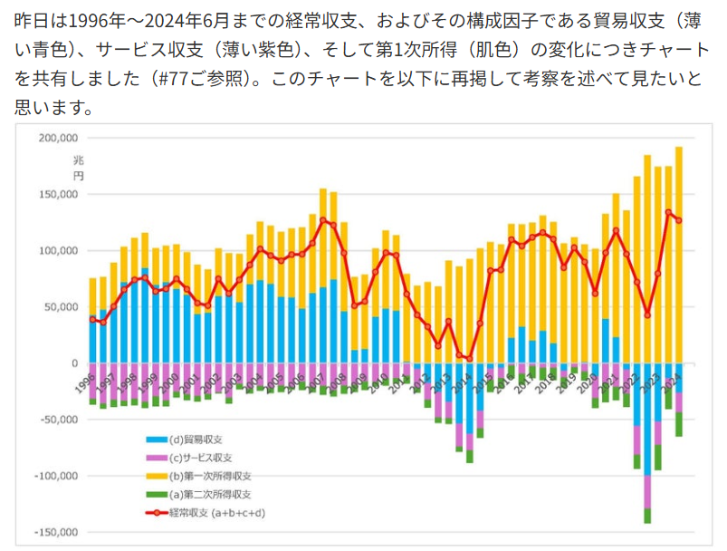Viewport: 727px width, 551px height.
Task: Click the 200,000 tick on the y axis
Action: click(57, 138)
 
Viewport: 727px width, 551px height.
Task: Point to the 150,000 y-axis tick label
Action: click(57, 194)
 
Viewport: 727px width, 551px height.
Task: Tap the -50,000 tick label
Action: click(57, 420)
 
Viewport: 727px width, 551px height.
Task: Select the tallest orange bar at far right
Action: click(679, 254)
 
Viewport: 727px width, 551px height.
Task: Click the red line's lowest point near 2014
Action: click(470, 359)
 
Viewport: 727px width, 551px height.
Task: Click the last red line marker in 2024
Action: click(679, 220)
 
